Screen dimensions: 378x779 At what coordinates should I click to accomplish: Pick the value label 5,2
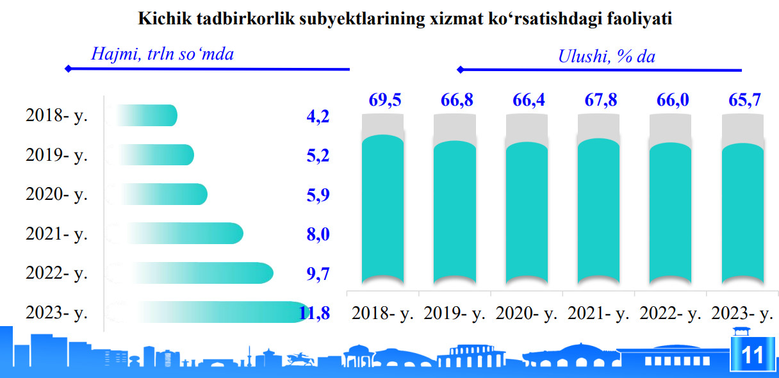(x=318, y=156)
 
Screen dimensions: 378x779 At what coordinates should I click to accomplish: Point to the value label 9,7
(x=318, y=274)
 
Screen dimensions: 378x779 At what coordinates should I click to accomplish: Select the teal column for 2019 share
(x=454, y=211)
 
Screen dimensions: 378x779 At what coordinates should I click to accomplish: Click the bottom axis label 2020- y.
(x=527, y=314)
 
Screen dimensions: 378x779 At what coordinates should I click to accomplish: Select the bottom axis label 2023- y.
(x=742, y=314)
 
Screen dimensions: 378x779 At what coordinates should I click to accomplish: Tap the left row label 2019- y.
(x=56, y=155)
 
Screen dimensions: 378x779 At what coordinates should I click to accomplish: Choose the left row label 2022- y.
(x=56, y=273)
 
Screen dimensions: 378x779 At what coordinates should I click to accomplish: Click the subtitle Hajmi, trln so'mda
(x=162, y=54)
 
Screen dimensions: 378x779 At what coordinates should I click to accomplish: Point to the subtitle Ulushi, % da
(x=607, y=56)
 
